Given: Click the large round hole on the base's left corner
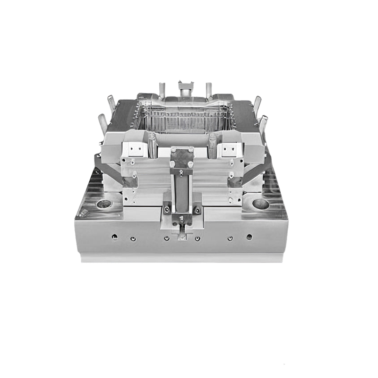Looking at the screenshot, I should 104,205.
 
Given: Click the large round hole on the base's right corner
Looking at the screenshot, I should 260,204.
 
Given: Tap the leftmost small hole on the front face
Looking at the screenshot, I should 114,236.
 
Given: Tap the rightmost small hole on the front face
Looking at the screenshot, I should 249,237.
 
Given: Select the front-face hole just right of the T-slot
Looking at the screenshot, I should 198,238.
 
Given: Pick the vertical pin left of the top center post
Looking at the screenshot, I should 162,90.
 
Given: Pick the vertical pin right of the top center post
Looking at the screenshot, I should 208,90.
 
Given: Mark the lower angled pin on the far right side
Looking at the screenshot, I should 263,124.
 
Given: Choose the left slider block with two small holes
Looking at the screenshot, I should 134,149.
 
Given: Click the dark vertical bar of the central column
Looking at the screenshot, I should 182,189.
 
